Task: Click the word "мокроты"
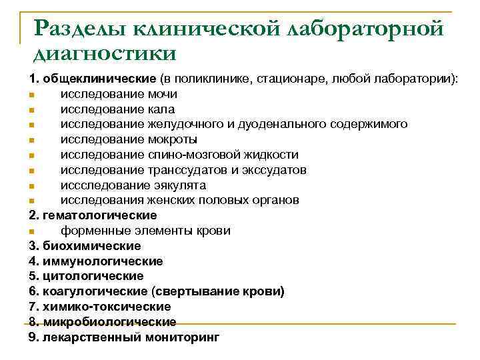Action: tap(173, 139)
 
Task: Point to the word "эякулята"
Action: tap(179, 185)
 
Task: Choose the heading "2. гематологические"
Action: tap(93, 215)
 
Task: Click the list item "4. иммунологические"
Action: tap(96, 261)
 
